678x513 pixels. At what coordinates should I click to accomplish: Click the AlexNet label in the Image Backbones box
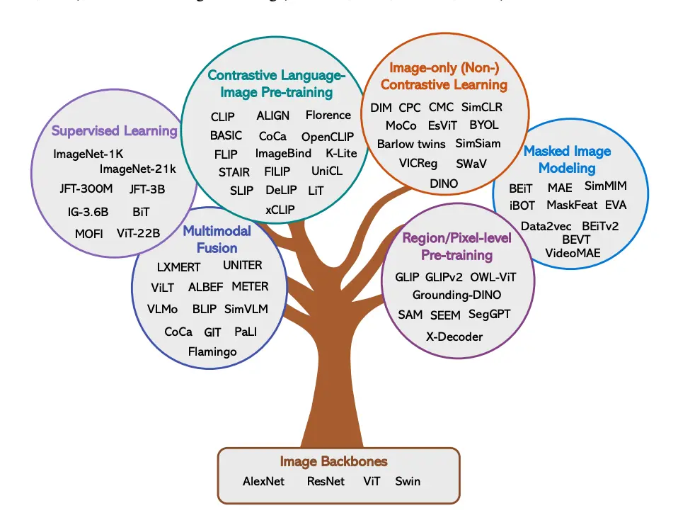point(263,481)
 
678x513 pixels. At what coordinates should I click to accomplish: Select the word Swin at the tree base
point(408,481)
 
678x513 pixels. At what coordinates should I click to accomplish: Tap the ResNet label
point(326,481)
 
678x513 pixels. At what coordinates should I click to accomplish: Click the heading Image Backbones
point(333,461)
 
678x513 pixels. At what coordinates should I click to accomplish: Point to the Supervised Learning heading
point(114,131)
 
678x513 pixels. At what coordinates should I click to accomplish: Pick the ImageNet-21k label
point(137,169)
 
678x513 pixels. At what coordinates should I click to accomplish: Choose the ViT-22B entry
point(138,233)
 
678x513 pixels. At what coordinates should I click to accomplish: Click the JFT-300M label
point(85,189)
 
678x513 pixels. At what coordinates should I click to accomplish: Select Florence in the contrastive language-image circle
point(328,115)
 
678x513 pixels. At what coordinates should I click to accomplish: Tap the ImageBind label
point(283,153)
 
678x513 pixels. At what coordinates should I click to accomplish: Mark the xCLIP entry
point(280,210)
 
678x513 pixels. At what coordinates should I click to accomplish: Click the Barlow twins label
point(411,144)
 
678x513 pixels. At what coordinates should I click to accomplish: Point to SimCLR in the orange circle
point(481,108)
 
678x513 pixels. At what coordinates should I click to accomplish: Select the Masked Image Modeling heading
point(567,159)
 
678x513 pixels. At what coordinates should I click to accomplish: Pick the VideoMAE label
point(573,252)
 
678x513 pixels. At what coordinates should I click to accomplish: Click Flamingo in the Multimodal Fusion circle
point(212,351)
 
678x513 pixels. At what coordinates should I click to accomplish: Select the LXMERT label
point(178,267)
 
